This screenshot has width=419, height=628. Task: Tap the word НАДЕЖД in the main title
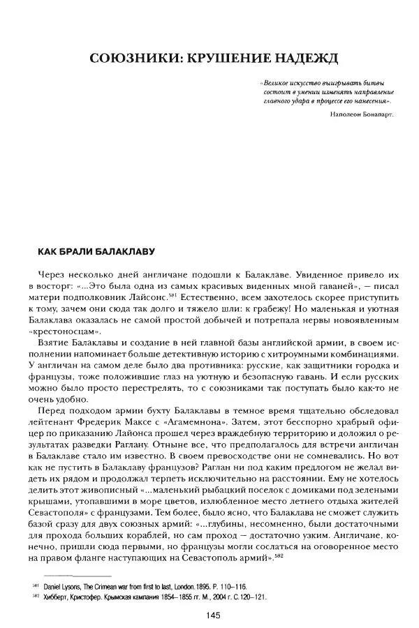coord(308,57)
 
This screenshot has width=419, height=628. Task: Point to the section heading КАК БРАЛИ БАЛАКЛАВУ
coord(89,250)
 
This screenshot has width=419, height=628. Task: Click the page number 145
coord(214,614)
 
